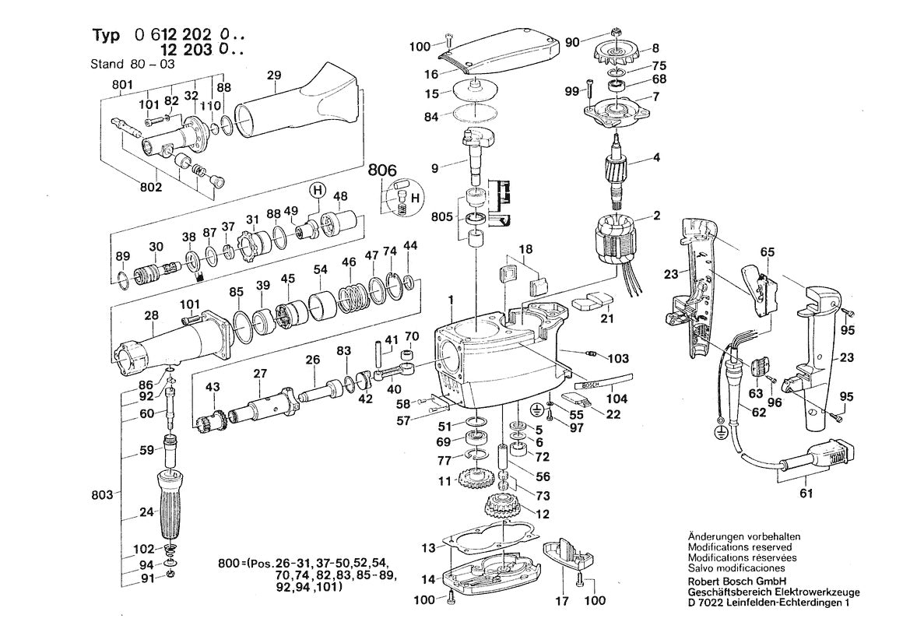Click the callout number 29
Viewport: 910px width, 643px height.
pyautogui.click(x=273, y=76)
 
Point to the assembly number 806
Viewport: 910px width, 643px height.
pyautogui.click(x=382, y=170)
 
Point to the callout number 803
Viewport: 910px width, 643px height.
pyautogui.click(x=102, y=494)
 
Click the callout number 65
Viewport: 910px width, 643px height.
pyautogui.click(x=767, y=252)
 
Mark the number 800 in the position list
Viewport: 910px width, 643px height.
pyautogui.click(x=231, y=562)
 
